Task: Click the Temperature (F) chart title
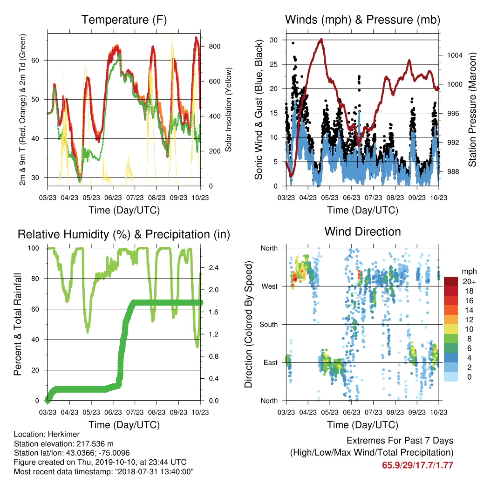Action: pyautogui.click(x=124, y=20)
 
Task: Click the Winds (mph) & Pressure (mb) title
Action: pyautogui.click(x=362, y=20)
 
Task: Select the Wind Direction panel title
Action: pyautogui.click(x=362, y=232)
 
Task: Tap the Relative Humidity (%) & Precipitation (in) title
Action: pyautogui.click(x=124, y=235)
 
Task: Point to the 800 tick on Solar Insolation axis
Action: pyautogui.click(x=214, y=47)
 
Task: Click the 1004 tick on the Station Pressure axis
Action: pyautogui.click(x=455, y=55)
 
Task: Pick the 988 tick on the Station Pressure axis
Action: pyautogui.click(x=453, y=171)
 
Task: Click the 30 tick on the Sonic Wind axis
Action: pyautogui.click(x=273, y=40)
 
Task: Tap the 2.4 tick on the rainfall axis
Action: pyautogui.click(x=214, y=268)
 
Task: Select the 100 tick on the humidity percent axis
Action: pyautogui.click(x=34, y=248)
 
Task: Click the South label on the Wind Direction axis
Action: pyautogui.click(x=269, y=325)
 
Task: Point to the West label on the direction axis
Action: pyautogui.click(x=270, y=286)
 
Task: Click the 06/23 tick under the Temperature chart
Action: pyautogui.click(x=113, y=198)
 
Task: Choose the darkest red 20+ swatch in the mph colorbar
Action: pyautogui.click(x=451, y=281)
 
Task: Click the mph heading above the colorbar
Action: pyautogui.click(x=469, y=272)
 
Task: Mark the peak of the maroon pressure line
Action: pyautogui.click(x=321, y=39)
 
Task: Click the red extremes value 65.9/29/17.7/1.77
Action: pyautogui.click(x=418, y=465)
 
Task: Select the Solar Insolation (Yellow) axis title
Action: pyautogui.click(x=228, y=109)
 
